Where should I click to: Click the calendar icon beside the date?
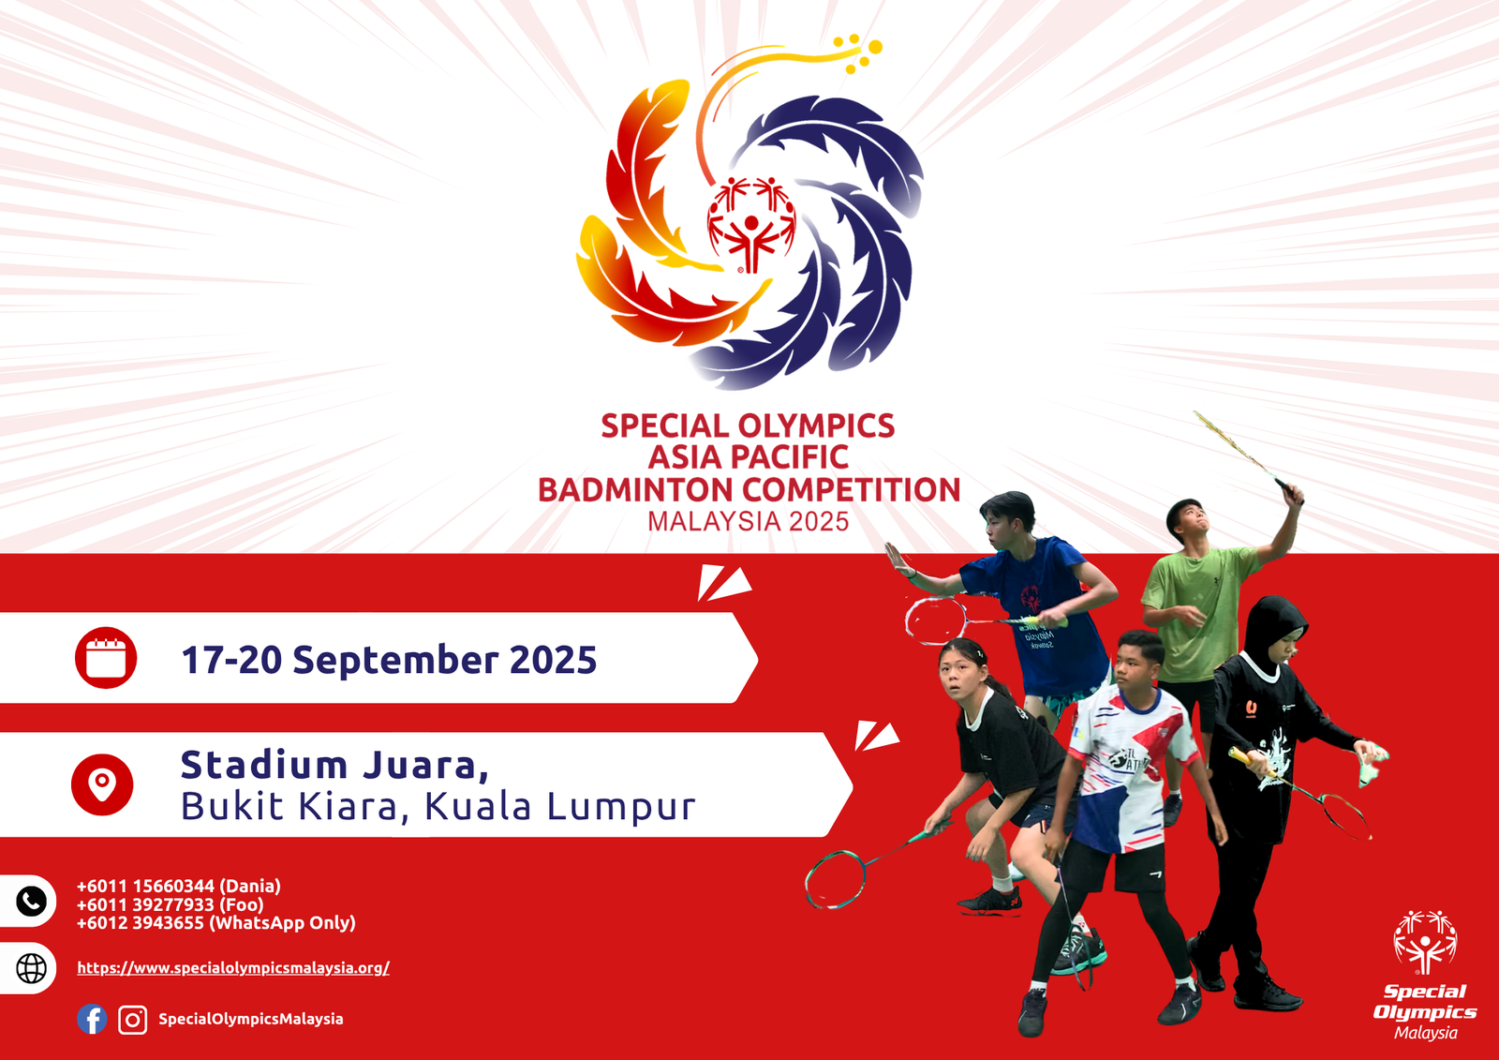[x=106, y=658]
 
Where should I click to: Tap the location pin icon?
[x=102, y=784]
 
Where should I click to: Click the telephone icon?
[x=32, y=902]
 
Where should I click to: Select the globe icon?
[x=32, y=968]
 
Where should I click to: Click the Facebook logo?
[x=92, y=1019]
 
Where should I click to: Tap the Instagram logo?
[x=132, y=1020]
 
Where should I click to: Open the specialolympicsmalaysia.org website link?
[x=233, y=967]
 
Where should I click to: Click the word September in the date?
[x=395, y=661]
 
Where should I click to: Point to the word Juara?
[x=426, y=765]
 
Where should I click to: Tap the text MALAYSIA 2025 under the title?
[x=749, y=522]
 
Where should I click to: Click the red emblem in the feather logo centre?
[x=751, y=225]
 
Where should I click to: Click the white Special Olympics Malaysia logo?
[x=1425, y=976]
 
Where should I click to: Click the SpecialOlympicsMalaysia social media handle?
[x=251, y=1019]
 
